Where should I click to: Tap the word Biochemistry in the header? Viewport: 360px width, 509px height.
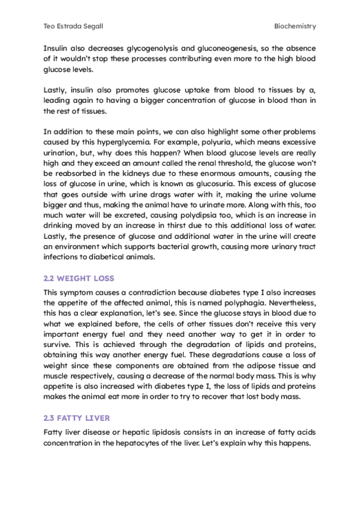tap(295, 26)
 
